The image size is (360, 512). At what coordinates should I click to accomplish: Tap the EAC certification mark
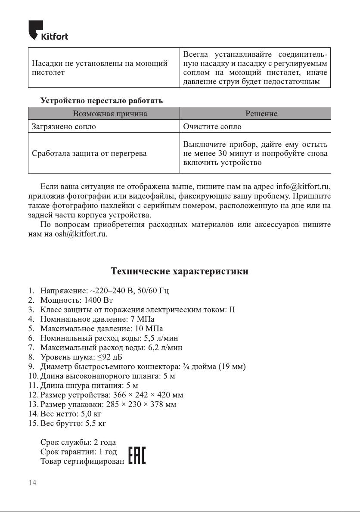[x=137, y=455]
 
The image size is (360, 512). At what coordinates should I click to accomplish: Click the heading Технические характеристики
[x=180, y=271]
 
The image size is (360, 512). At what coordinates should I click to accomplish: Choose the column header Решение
[x=261, y=114]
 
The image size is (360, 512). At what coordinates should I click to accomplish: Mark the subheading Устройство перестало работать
[x=102, y=101]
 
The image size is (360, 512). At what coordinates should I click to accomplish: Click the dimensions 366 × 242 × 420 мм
[x=148, y=395]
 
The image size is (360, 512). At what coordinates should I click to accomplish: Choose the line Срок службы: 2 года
[x=78, y=442]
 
